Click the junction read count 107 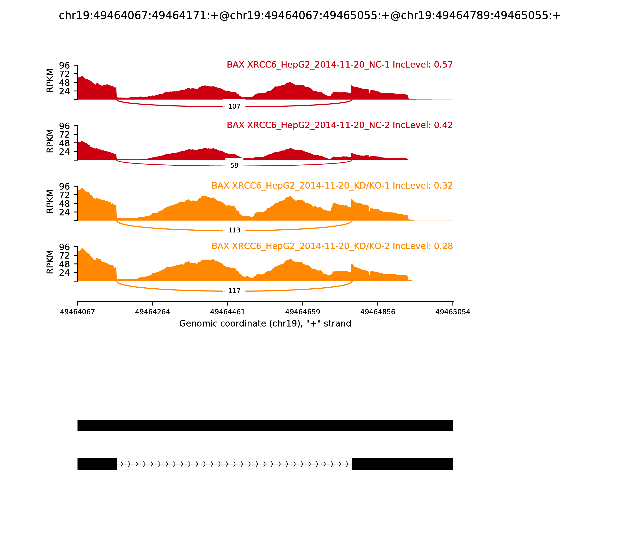(234, 106)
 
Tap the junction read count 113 (234, 230)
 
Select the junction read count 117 (234, 291)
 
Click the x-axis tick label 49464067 (77, 312)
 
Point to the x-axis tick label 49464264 (153, 312)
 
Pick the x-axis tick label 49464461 (228, 312)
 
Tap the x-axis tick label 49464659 (303, 312)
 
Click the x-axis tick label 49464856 (378, 312)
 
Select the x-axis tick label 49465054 (453, 312)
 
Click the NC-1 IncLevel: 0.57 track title (340, 65)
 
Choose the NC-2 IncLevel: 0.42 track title (340, 125)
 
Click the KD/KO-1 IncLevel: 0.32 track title (332, 186)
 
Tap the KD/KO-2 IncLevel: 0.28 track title (332, 246)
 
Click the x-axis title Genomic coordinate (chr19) (265, 324)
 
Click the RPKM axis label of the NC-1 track (50, 81)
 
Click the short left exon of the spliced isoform (97, 464)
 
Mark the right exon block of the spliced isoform (402, 464)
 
